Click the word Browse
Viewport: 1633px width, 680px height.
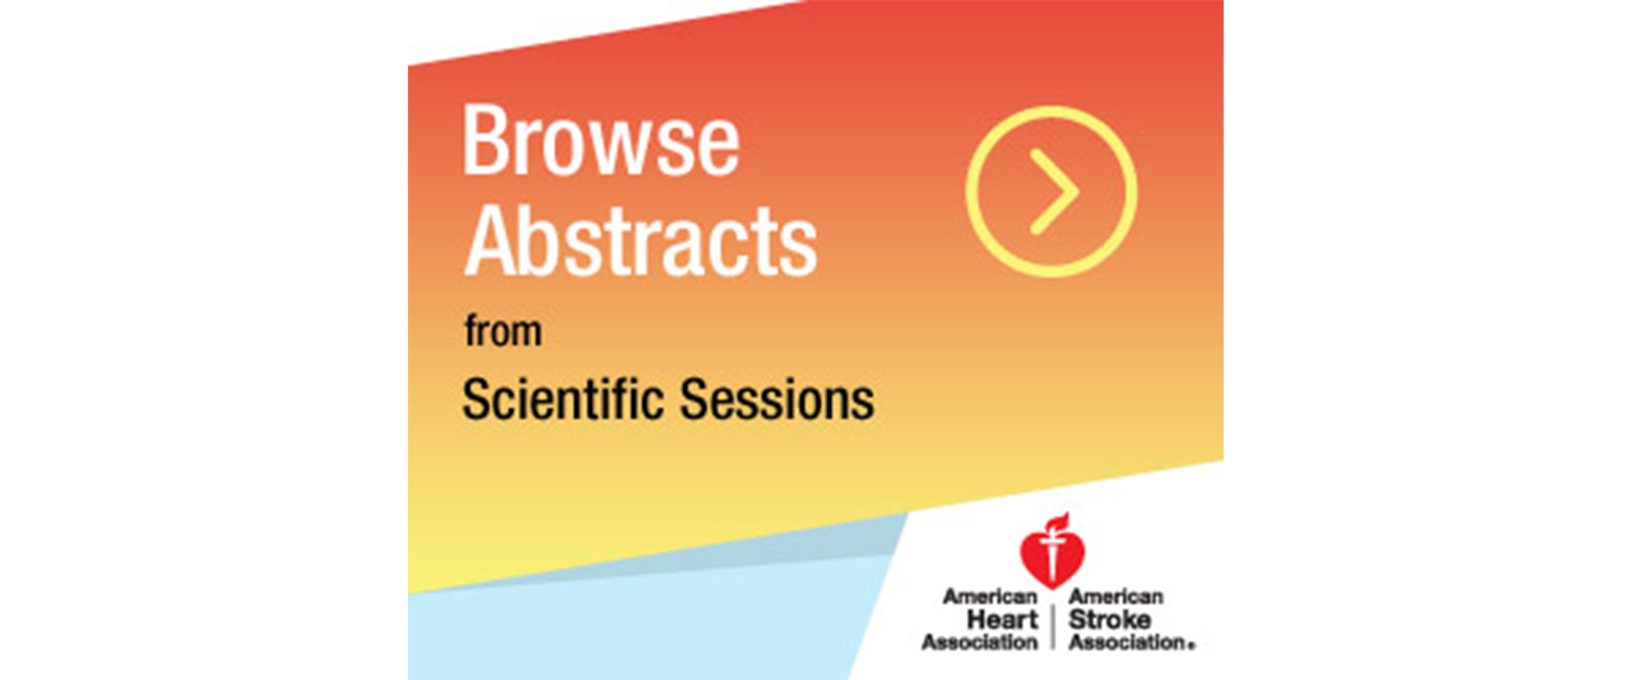601,140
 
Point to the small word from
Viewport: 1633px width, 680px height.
503,331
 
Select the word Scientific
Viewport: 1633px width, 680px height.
563,399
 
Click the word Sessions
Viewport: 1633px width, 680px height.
777,399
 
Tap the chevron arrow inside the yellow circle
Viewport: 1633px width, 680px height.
1054,192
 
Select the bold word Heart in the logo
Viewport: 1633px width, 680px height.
1002,620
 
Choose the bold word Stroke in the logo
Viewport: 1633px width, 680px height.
1110,620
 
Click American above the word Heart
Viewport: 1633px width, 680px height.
990,597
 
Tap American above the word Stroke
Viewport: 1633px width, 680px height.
1116,597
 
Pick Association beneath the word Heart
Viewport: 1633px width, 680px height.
980,642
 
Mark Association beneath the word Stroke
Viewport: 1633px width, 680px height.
1127,642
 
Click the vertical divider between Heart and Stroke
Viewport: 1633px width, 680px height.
1053,628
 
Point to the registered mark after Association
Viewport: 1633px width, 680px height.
1192,645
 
